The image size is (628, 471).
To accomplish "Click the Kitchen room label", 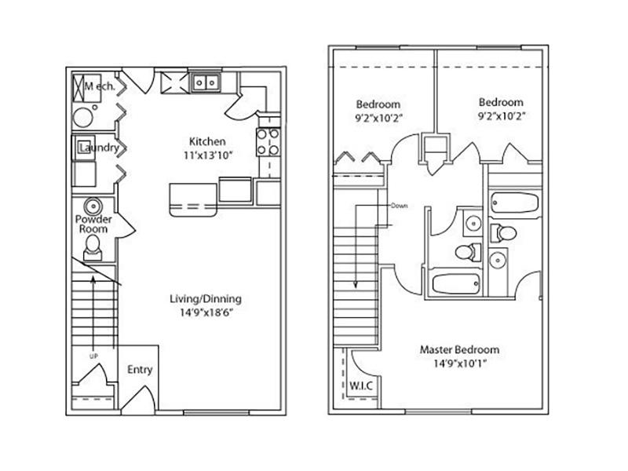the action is pos(207,141).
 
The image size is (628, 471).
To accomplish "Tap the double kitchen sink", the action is pos(206,82).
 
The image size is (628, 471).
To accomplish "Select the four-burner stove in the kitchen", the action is pos(268,142).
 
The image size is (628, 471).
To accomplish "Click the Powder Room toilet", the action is pos(93,247).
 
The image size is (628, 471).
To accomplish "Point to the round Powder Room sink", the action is pos(93,206).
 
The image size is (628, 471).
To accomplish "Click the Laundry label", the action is pos(100,148).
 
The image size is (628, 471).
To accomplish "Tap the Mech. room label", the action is pos(100,86).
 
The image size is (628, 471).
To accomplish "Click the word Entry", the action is pos(140,370).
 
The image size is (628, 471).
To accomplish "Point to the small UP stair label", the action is pos(93,356).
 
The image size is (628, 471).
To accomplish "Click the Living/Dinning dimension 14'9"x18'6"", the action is pos(206,312).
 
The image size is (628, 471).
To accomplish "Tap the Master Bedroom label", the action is pos(459,349).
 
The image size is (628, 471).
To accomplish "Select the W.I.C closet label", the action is pos(361,385).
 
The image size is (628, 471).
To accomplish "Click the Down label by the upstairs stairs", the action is pos(400,206).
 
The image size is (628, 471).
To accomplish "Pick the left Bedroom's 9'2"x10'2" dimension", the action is pos(378,119).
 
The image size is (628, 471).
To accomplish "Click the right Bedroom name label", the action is pos(501,102).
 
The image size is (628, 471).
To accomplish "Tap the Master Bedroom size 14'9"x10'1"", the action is pos(460,363).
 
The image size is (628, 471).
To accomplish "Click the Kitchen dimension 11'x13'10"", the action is pos(208,155).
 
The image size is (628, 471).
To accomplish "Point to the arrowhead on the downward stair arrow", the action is pos(356,284).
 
